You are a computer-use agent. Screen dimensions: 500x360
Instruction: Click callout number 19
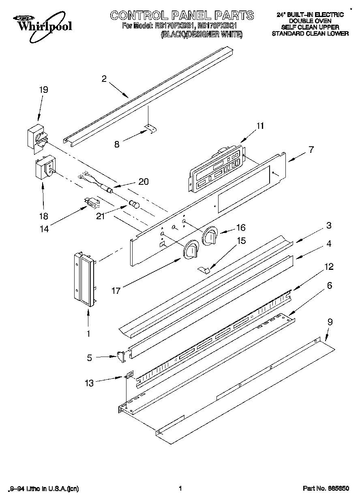[43, 90]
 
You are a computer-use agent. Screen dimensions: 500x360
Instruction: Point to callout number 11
[259, 126]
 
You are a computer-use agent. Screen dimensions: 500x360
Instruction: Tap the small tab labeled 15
[206, 269]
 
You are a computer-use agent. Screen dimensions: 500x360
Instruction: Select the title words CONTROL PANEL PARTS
[182, 16]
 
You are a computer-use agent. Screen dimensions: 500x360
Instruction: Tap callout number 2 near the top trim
[104, 79]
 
